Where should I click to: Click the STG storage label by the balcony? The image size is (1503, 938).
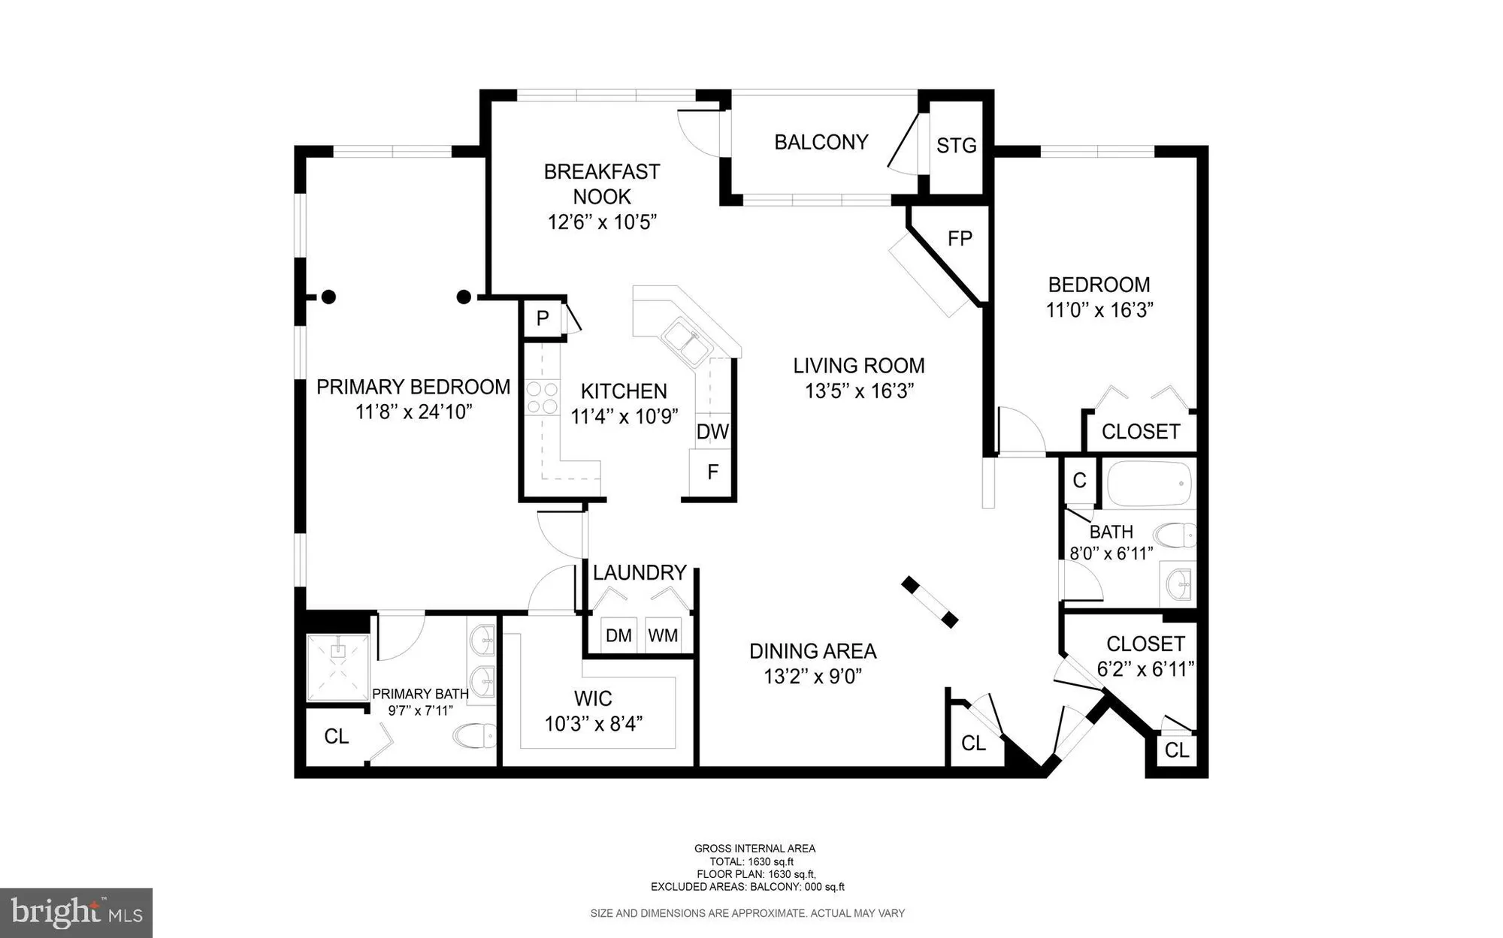[956, 145]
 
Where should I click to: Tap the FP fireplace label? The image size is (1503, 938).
[960, 238]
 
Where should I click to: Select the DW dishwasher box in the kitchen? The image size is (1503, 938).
[712, 431]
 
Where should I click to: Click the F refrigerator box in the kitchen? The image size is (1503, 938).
[712, 472]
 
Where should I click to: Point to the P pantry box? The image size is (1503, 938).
[543, 318]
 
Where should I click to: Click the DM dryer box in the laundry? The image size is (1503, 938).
[618, 635]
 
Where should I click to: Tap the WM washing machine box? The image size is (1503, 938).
[663, 635]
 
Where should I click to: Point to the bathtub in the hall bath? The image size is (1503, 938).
[1149, 484]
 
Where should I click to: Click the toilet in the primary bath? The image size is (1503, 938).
[474, 735]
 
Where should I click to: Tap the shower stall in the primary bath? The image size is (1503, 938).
[338, 668]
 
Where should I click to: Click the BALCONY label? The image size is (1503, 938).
[821, 142]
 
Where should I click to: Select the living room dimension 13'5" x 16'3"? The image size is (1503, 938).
[858, 391]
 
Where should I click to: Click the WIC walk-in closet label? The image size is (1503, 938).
[593, 698]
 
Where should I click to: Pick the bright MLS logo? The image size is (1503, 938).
[77, 912]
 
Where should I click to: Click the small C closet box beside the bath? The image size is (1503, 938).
[1079, 481]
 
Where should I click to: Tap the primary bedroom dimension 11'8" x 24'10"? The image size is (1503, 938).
[413, 412]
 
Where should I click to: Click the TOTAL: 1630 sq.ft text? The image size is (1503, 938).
[751, 861]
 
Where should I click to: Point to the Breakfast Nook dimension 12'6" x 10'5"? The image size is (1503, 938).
[602, 222]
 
